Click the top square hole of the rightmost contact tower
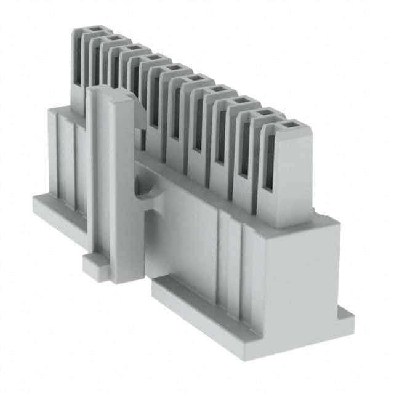pyautogui.click(x=287, y=126)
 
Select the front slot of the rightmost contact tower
pyautogui.click(x=269, y=166)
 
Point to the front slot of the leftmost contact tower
pyautogui.click(x=78, y=62)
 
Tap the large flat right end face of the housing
pyautogui.click(x=302, y=271)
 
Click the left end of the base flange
pyautogui.click(x=38, y=201)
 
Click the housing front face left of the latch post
pyautogui.click(x=65, y=160)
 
